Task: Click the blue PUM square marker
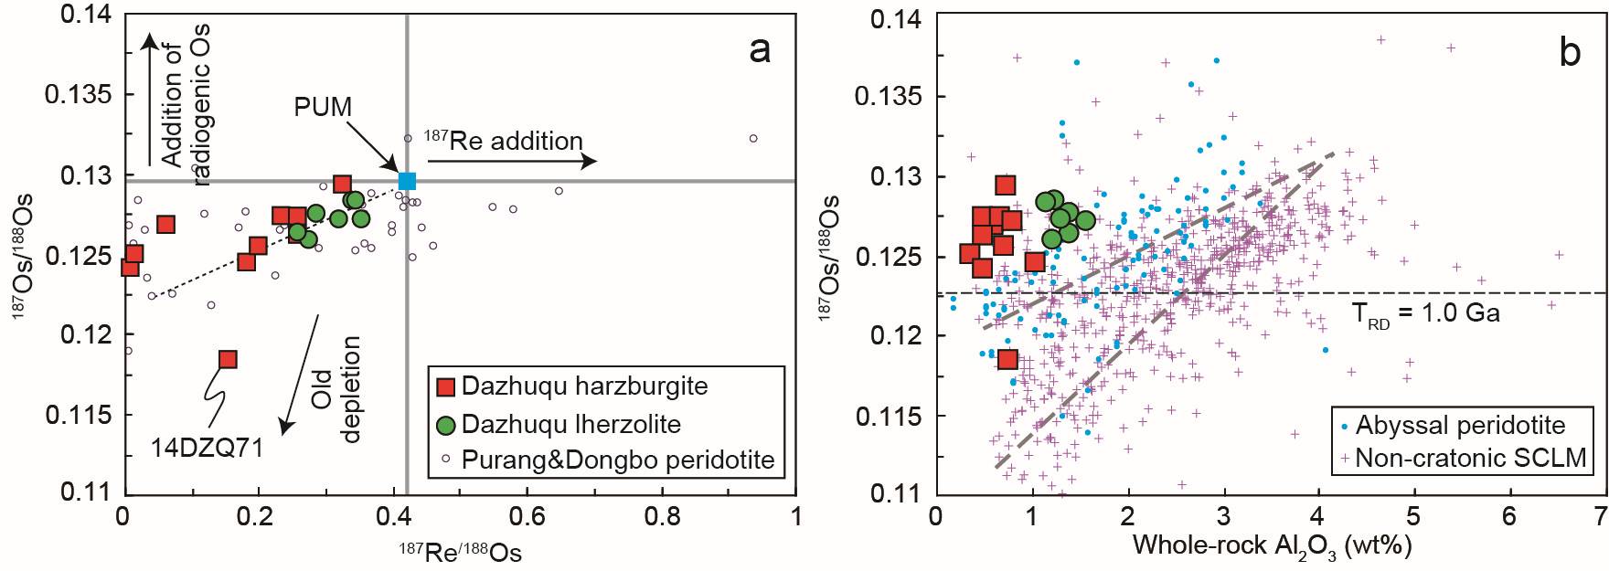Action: coord(407,181)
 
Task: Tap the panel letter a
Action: coord(759,50)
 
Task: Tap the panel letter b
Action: coord(1570,53)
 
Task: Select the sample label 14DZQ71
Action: coord(207,448)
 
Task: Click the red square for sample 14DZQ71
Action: coord(228,359)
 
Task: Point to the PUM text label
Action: coord(323,107)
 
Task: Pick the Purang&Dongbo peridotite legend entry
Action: coord(617,460)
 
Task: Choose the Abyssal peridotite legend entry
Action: coord(1459,425)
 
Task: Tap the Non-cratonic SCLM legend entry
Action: coord(1469,457)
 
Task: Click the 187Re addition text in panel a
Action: coord(504,141)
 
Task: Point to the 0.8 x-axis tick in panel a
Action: coord(662,517)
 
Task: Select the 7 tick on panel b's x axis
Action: coord(1599,517)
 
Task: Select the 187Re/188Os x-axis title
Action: coord(460,552)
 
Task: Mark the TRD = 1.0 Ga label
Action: coord(1425,313)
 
